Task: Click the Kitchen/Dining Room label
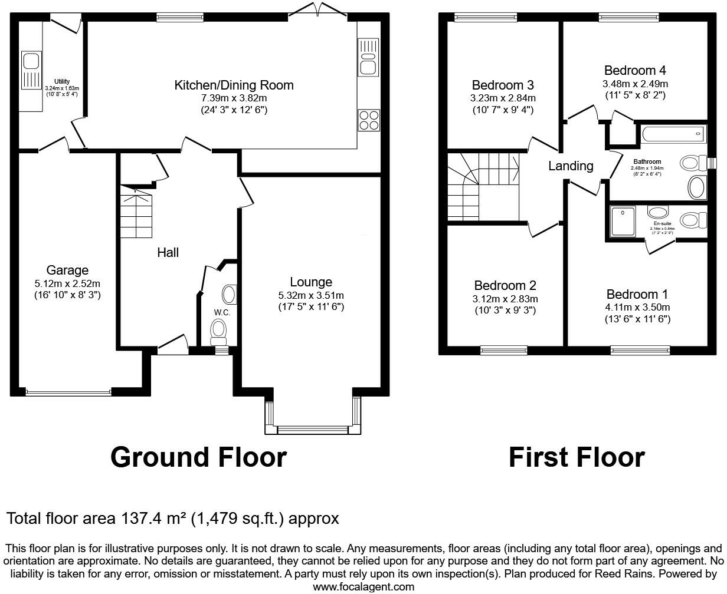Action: (234, 85)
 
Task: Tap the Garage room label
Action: (67, 270)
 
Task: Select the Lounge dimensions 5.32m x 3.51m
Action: (311, 295)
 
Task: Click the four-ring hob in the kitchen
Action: (369, 120)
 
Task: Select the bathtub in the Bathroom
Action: (672, 134)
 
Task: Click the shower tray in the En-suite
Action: (622, 221)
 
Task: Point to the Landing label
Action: (571, 166)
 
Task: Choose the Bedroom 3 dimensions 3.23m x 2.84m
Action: (503, 98)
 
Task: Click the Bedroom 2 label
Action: (505, 286)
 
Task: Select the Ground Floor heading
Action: (198, 457)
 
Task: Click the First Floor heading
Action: (577, 457)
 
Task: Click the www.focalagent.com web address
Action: (363, 586)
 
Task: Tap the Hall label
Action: (168, 252)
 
